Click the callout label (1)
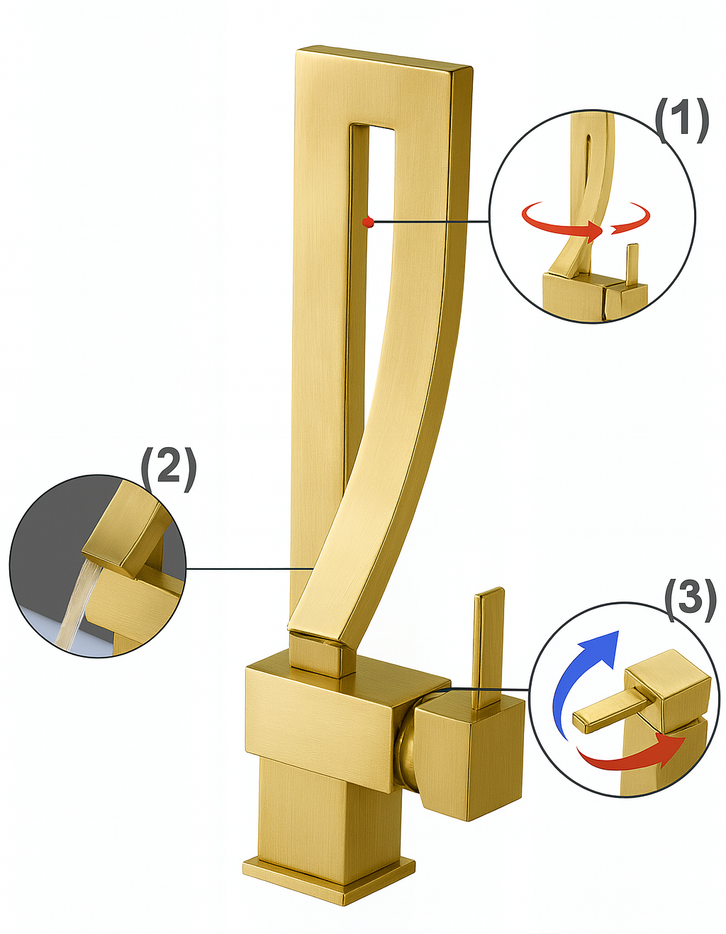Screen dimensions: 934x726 point(681,118)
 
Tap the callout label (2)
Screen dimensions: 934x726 point(168,467)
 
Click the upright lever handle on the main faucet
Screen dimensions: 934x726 point(488,645)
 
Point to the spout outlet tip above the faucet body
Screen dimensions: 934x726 point(319,648)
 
